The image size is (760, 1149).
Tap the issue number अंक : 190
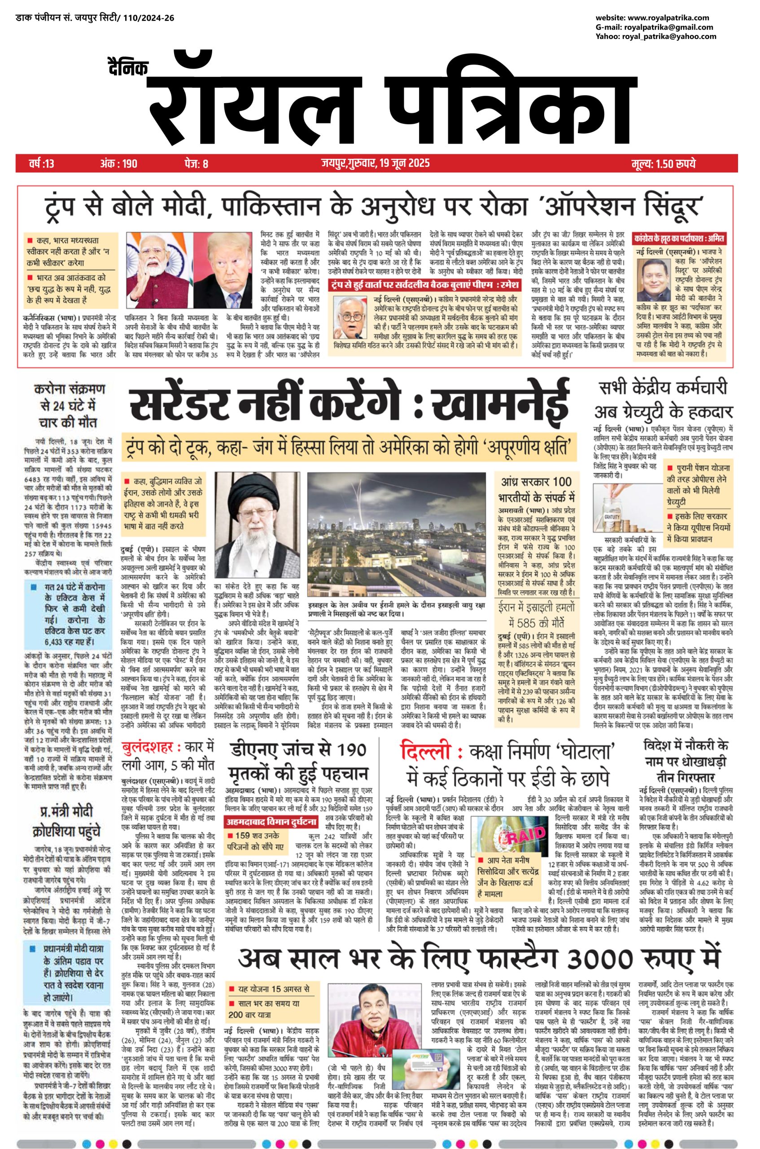coord(119,163)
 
